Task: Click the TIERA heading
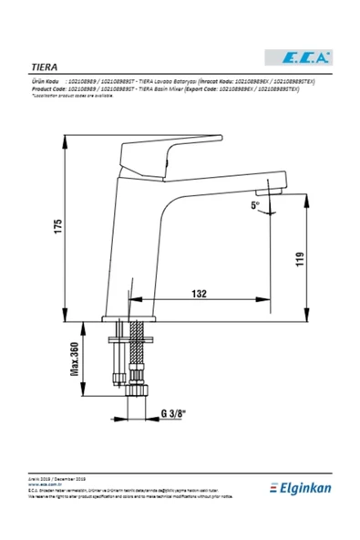pyautogui.click(x=46, y=67)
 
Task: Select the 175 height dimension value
pyautogui.click(x=57, y=228)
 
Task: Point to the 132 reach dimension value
pyautogui.click(x=200, y=293)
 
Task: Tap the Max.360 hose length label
pyautogui.click(x=76, y=358)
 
